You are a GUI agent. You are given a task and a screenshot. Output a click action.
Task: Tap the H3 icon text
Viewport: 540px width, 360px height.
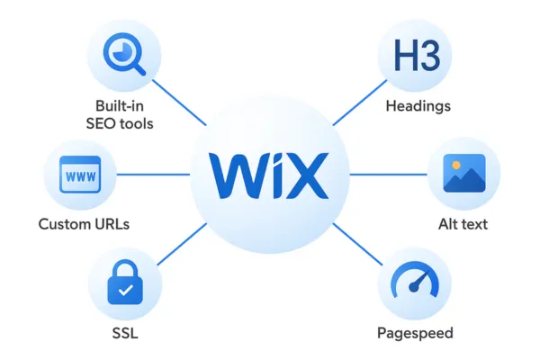tap(415, 56)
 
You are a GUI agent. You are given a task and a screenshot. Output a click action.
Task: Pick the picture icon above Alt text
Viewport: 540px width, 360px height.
tap(463, 174)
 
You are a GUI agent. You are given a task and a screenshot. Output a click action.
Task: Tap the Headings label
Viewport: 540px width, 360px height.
tap(418, 106)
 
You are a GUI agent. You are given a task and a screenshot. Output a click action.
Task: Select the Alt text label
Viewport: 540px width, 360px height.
tap(463, 223)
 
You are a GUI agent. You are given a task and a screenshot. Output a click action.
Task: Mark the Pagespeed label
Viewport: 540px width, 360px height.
tap(415, 333)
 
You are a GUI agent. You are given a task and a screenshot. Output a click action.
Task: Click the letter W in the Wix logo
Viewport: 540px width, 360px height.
tap(235, 175)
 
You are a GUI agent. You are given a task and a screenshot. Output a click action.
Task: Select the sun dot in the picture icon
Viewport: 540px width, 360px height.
tap(455, 166)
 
